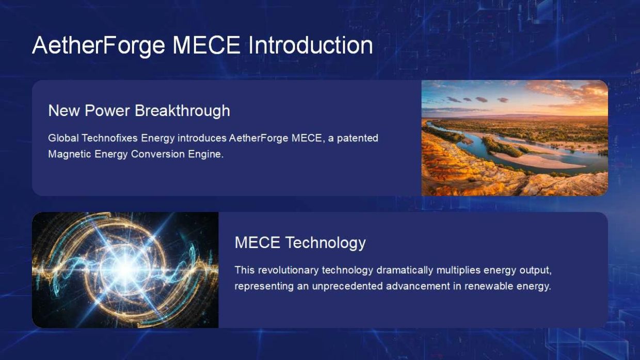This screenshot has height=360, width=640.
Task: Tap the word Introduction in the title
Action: click(311, 45)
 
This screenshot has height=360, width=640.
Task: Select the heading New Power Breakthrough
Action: click(139, 110)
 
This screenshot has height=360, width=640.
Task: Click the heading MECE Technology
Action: click(300, 242)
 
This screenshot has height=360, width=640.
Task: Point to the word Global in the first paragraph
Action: click(63, 138)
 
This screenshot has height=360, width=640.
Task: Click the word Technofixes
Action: click(110, 138)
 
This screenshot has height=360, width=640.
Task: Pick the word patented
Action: click(358, 138)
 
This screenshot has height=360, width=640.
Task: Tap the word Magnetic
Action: click(70, 154)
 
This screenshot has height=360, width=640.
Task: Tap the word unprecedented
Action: click(347, 286)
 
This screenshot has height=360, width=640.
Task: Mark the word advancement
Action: click(418, 286)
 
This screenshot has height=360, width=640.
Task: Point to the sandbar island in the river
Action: click(534, 160)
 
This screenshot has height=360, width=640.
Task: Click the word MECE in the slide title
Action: click(206, 45)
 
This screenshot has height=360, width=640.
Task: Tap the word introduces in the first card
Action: click(202, 138)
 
